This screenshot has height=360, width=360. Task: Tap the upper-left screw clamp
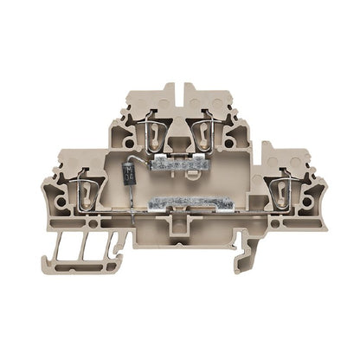coord(154,132)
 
